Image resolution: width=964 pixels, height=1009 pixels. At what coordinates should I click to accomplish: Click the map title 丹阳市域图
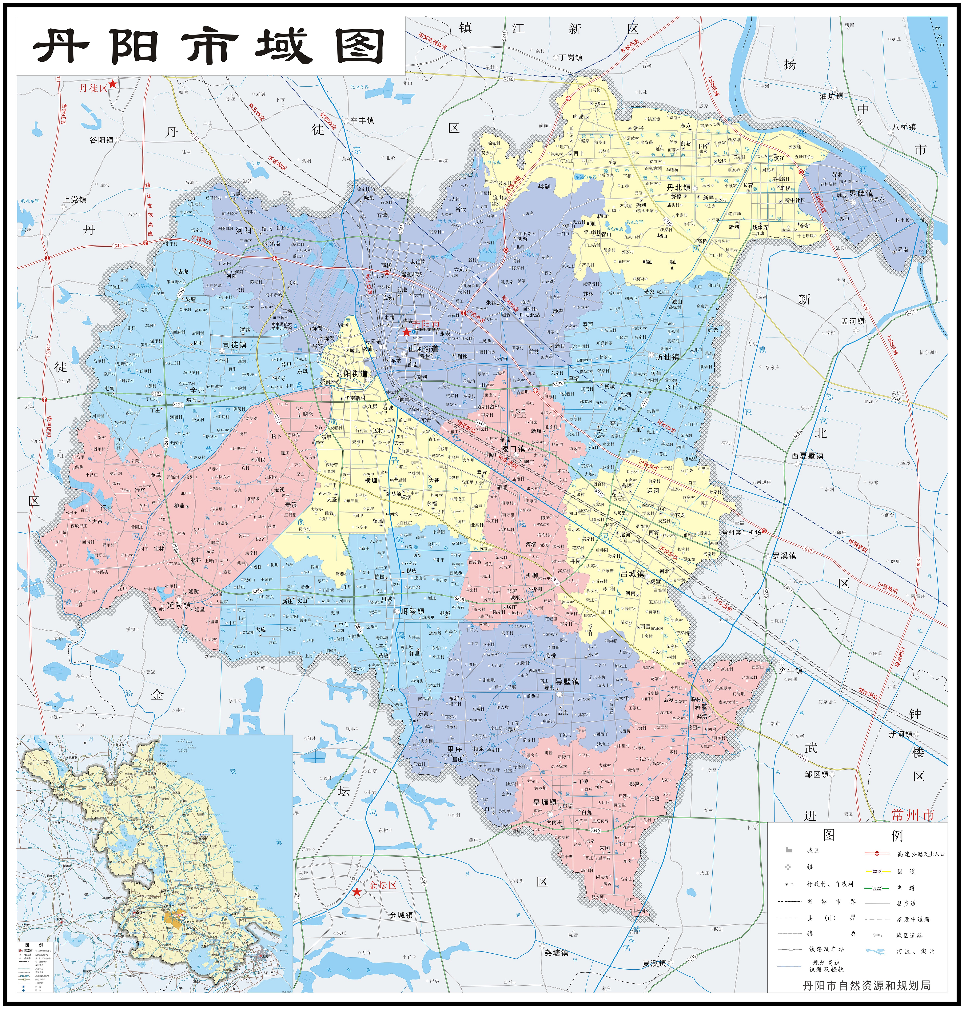point(210,46)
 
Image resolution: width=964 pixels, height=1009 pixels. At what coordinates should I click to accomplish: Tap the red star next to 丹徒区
point(113,84)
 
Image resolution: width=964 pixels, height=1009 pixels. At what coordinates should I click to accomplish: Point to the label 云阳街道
point(352,374)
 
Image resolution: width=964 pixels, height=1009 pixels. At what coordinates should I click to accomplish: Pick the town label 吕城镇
point(633,574)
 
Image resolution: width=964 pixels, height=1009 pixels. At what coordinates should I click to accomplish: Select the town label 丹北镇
point(678,188)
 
